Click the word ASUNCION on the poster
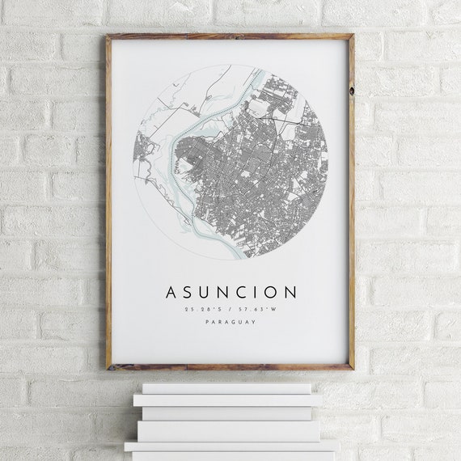pos(230,291)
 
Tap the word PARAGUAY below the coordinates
pos(230,322)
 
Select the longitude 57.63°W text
pos(256,308)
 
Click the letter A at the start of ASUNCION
pos(171,291)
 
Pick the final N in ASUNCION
pos(290,291)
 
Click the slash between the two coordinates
pos(230,308)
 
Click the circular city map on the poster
pos(230,162)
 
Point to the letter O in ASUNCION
pos(271,291)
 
